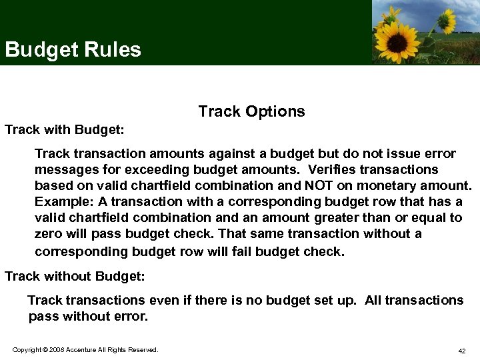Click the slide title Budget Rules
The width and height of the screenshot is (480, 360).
[73, 50]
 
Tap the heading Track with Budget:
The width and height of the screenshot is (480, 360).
[65, 129]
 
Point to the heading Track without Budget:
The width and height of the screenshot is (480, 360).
[75, 275]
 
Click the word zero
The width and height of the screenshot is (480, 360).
[49, 233]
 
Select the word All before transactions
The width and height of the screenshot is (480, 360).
[373, 300]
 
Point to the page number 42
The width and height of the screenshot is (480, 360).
[461, 351]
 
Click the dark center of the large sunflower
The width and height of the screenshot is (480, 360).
[399, 39]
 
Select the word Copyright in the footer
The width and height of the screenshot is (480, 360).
[26, 350]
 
